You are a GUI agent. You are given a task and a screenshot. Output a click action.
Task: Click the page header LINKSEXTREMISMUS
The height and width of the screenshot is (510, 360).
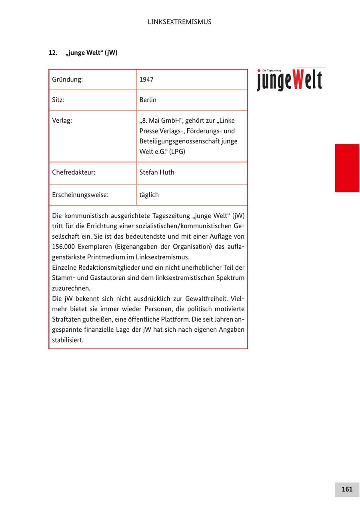[x=179, y=22]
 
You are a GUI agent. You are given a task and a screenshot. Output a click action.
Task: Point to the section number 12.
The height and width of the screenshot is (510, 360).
[x=53, y=53]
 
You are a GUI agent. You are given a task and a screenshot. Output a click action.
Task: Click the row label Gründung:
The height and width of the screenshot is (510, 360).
[x=67, y=80]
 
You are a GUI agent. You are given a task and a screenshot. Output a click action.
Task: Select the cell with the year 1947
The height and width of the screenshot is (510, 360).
[x=146, y=80]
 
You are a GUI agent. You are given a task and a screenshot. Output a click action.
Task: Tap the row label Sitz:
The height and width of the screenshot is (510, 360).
[x=58, y=100]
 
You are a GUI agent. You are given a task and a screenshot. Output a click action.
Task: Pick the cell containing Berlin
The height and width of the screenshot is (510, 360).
[x=148, y=100]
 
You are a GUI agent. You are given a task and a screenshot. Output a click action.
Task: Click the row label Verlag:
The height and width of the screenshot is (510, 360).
[x=62, y=121]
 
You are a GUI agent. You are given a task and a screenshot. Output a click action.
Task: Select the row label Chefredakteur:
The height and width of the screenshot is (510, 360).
[x=74, y=173]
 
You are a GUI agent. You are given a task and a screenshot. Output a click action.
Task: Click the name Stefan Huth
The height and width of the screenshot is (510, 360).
[x=157, y=173]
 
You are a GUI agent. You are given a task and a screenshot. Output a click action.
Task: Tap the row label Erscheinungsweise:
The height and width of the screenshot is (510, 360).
[x=80, y=195]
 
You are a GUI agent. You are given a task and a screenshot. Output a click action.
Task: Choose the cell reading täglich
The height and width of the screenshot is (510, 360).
[x=149, y=195]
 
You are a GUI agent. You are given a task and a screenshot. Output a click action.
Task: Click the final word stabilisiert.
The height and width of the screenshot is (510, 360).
[x=68, y=341]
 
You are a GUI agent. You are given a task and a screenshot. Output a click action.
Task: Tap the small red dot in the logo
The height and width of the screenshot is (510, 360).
[x=259, y=71]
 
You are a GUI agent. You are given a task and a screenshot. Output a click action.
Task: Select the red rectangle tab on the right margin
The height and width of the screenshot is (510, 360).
[x=347, y=168]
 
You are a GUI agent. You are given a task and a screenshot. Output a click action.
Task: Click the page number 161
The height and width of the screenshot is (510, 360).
[x=347, y=489]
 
